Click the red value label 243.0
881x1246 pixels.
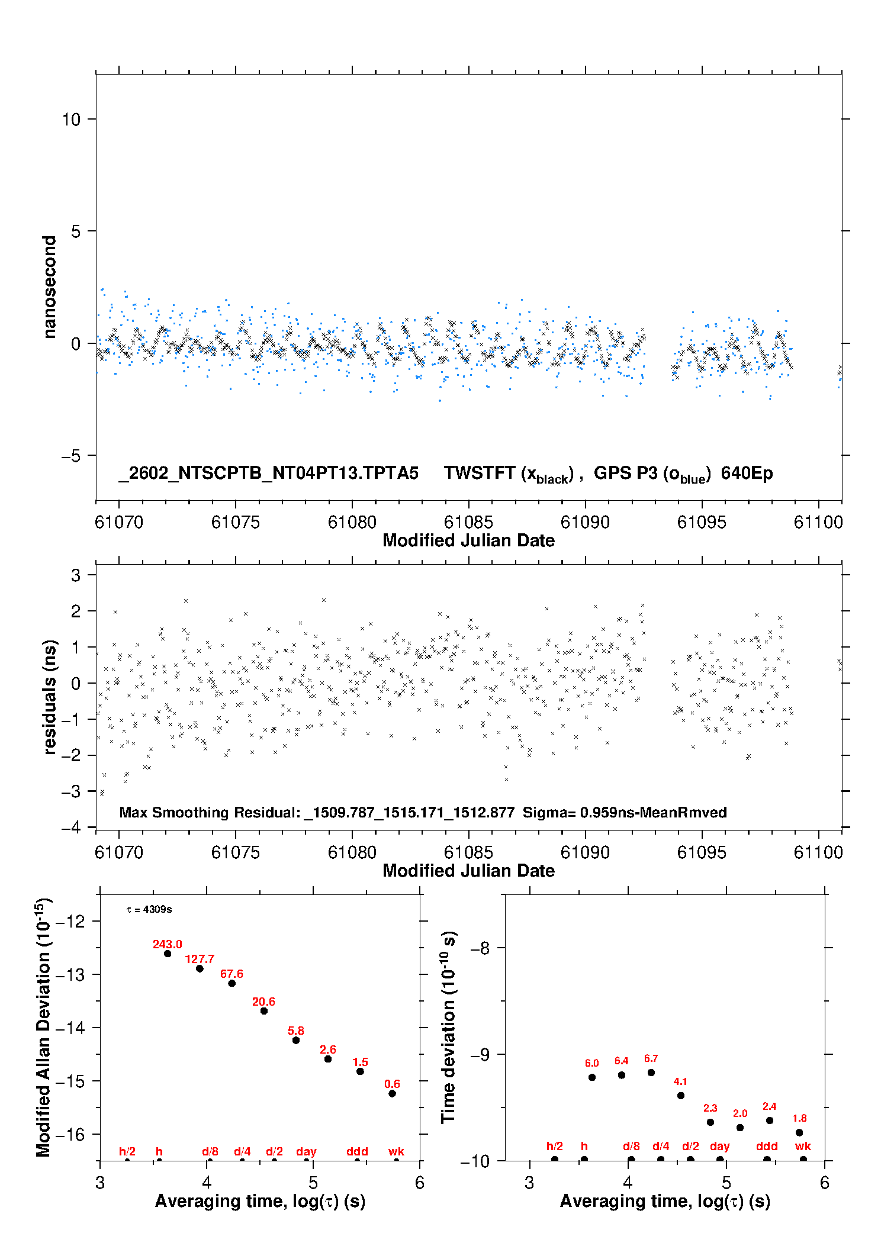167,944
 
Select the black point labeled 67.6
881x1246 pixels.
231,983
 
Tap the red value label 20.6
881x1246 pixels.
263,1002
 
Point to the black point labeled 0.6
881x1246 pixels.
392,1093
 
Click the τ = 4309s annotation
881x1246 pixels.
149,909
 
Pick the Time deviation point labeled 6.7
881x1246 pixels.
651,1073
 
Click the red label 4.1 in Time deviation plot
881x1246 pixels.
680,1081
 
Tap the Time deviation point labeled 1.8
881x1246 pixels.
799,1132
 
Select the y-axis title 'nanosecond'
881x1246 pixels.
50,286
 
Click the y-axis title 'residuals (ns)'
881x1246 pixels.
50,697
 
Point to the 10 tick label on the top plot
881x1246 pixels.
71,120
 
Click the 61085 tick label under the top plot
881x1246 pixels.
468,522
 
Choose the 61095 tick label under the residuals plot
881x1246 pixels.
702,852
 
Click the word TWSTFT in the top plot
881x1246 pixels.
480,473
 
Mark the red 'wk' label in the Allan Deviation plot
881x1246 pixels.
396,1151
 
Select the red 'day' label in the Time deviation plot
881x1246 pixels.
719,1146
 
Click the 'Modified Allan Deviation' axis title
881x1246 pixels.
44,1027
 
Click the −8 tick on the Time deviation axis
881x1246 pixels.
480,948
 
